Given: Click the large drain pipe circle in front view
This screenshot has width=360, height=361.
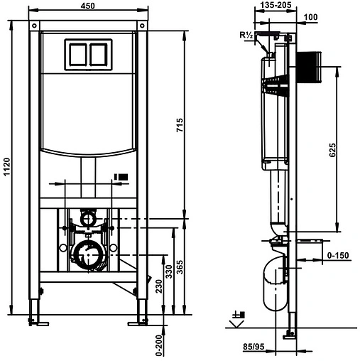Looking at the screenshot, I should (88, 254).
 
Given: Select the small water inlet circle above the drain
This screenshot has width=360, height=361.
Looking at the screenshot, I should (88, 217).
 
